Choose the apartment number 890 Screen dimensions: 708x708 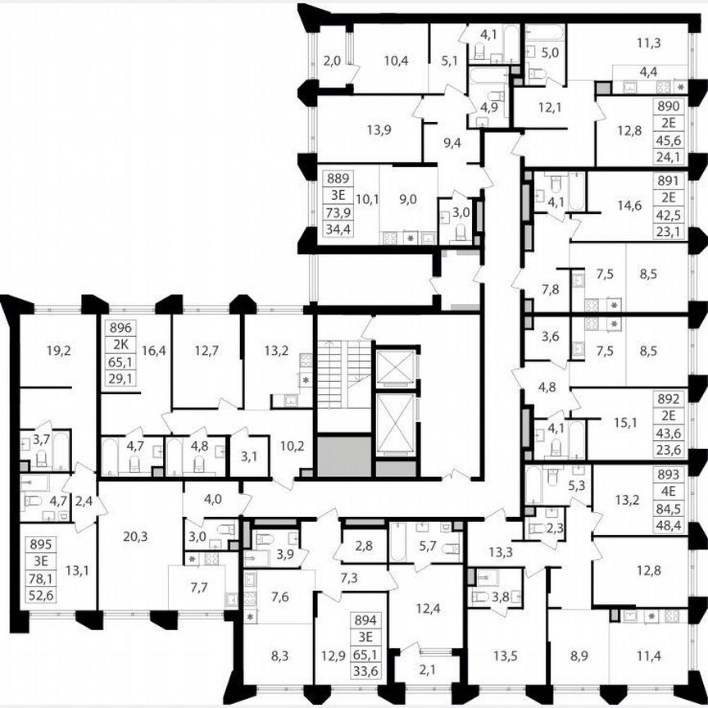pyautogui.click(x=670, y=108)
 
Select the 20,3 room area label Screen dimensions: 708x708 pyautogui.click(x=137, y=538)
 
